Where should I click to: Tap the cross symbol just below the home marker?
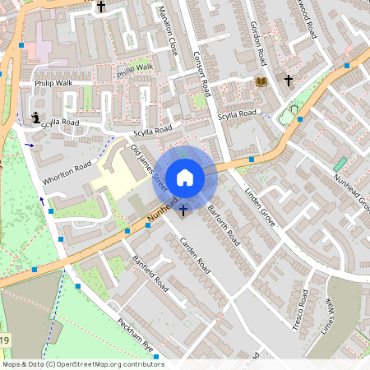click(x=183, y=210)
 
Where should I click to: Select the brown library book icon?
click(x=261, y=82)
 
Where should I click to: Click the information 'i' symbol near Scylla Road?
click(x=35, y=118)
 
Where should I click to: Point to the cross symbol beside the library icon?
click(x=289, y=81)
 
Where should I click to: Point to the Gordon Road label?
click(x=258, y=44)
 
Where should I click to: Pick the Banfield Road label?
click(x=150, y=273)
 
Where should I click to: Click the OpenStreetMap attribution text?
click(x=82, y=364)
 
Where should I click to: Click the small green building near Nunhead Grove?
click(x=340, y=164)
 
